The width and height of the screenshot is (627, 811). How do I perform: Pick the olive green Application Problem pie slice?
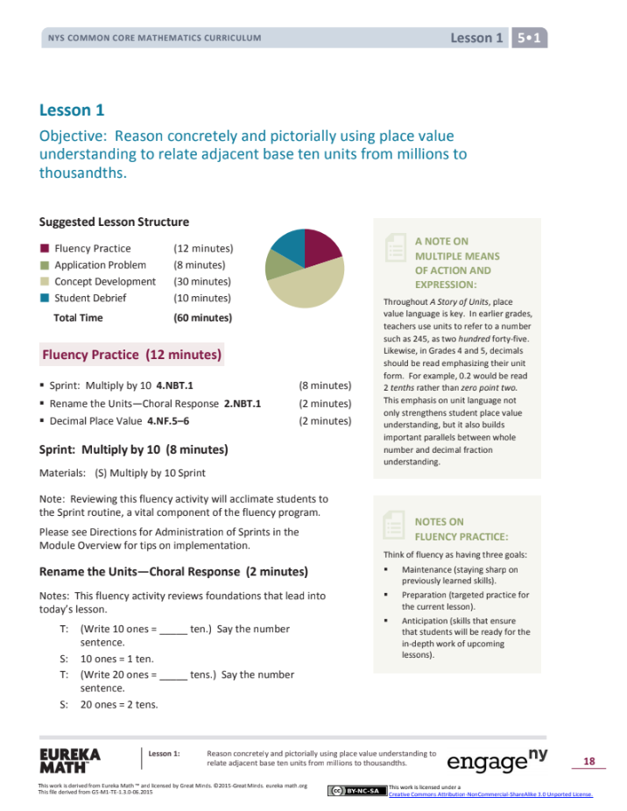(x=278, y=264)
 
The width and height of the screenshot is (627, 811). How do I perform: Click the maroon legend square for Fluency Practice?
(x=45, y=249)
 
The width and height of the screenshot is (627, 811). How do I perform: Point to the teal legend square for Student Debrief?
(x=45, y=298)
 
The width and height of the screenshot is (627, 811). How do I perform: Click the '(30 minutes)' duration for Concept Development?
(x=202, y=281)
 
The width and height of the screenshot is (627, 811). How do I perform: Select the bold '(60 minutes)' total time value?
(x=202, y=318)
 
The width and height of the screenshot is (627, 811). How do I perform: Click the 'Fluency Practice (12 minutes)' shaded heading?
(x=131, y=355)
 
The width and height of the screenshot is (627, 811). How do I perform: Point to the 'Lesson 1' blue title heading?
(x=65, y=110)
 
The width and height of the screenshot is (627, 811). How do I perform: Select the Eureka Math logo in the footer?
(x=69, y=760)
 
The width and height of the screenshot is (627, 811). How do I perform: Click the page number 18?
(x=588, y=762)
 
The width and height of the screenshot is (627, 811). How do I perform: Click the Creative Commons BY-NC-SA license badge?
(x=356, y=790)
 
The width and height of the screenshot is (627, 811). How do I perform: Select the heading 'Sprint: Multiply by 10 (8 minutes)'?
(x=133, y=450)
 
